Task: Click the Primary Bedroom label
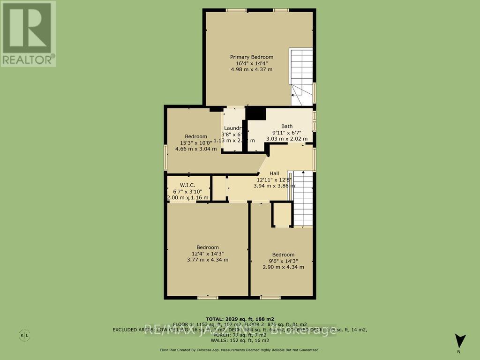coord(251,57)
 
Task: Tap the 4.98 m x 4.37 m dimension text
coord(251,69)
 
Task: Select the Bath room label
coord(287,126)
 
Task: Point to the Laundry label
coord(232,128)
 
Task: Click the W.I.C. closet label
coord(187,185)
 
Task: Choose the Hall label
coord(274,173)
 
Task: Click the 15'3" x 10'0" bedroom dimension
coord(196,142)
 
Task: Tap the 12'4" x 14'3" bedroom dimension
coord(207,254)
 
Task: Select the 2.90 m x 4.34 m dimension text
coord(283,267)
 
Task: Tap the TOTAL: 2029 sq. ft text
coord(240,318)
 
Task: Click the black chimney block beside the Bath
coord(255,114)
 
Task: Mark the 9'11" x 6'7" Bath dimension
coord(287,133)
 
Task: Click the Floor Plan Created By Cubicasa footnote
coord(240,350)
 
